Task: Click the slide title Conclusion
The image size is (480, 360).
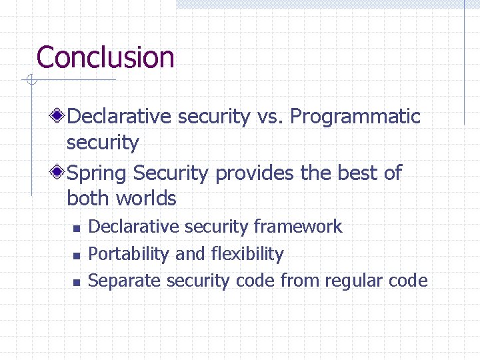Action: coord(105,57)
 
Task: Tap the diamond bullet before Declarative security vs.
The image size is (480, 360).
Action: coord(59,117)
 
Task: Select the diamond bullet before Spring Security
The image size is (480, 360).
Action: coord(59,173)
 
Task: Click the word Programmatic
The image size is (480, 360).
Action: coord(355,117)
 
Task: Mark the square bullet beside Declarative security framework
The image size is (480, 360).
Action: coord(77,229)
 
